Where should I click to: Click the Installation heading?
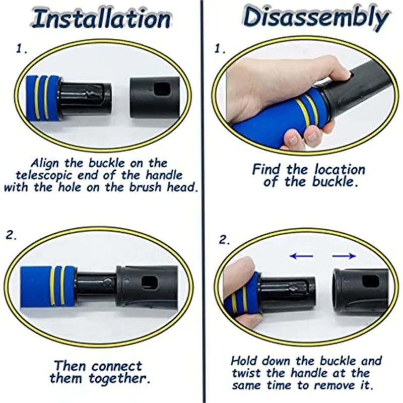pos(101,19)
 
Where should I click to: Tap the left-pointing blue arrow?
pos(301,256)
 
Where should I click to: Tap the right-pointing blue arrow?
pos(344,256)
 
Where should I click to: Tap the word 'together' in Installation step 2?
pos(119,378)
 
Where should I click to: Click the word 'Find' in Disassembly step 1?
pos(266,169)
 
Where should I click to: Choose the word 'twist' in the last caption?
pos(246,373)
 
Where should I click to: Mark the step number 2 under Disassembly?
pos(224,240)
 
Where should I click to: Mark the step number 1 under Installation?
pos(22,48)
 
